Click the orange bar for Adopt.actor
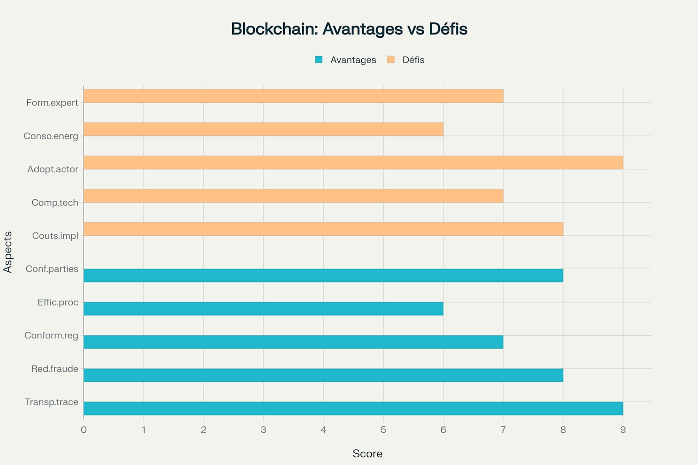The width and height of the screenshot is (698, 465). pyautogui.click(x=353, y=163)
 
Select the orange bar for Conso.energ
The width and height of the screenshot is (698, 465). pyautogui.click(x=263, y=129)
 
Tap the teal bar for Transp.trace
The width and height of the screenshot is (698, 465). pyautogui.click(x=353, y=409)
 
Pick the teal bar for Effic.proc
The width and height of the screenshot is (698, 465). pyautogui.click(x=263, y=309)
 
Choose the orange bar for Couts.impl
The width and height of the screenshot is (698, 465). pyautogui.click(x=323, y=229)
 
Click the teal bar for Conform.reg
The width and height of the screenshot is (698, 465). pyautogui.click(x=293, y=342)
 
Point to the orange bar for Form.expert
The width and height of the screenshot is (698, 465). pyautogui.click(x=293, y=96)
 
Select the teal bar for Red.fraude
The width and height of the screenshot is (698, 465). pyautogui.click(x=323, y=375)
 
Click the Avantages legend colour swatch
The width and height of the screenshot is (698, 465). pyautogui.click(x=319, y=59)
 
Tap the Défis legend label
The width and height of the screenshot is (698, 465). pyautogui.click(x=413, y=60)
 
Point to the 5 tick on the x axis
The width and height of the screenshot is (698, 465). pyautogui.click(x=383, y=430)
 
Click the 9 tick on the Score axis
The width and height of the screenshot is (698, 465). pyautogui.click(x=623, y=430)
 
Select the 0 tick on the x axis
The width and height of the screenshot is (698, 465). pyautogui.click(x=84, y=430)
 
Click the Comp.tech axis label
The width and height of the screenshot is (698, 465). pyautogui.click(x=55, y=203)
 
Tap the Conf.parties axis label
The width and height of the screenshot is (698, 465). pyautogui.click(x=52, y=269)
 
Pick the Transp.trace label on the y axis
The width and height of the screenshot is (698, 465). pyautogui.click(x=51, y=402)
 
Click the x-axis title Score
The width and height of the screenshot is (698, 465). pyautogui.click(x=367, y=454)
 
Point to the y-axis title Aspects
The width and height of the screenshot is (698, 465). pyautogui.click(x=8, y=252)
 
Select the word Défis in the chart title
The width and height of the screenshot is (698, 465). pyautogui.click(x=448, y=29)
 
